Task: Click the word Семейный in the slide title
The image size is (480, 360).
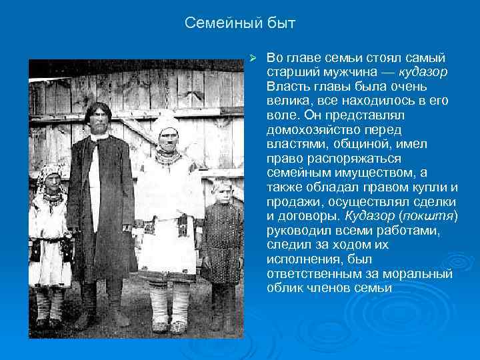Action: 219,24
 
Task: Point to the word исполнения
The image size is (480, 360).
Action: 298,259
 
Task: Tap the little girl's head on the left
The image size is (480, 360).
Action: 51,178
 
